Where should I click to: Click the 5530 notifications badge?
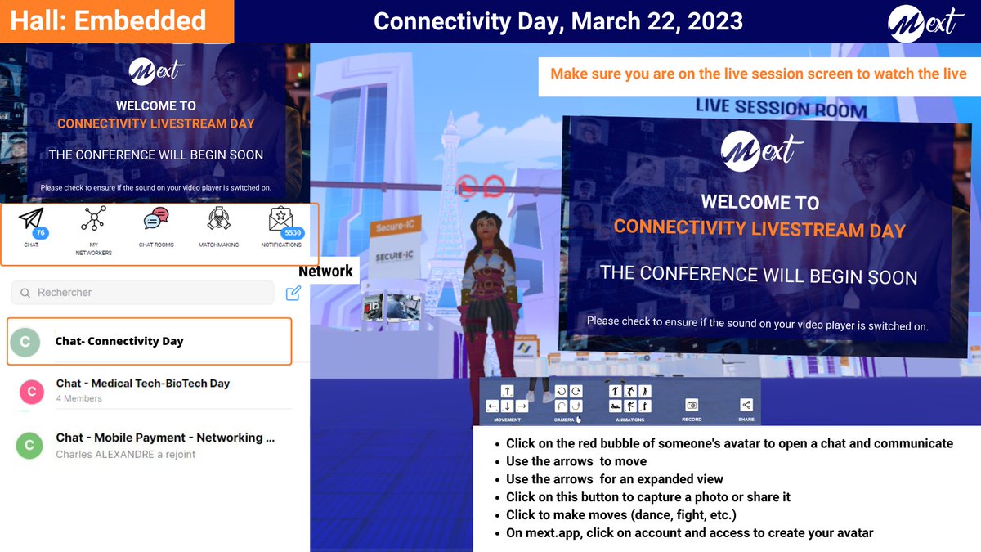point(293,233)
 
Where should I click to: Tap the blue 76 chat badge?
point(41,233)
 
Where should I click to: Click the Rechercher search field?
point(143,293)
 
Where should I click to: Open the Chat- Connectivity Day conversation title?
point(119,341)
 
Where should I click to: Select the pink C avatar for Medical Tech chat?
point(31,393)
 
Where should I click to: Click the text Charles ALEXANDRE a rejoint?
point(126,455)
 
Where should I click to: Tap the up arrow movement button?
point(507,392)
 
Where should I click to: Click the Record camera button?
point(692,405)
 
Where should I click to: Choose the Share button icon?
point(746,405)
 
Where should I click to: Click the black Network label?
point(325,272)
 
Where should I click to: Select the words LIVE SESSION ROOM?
point(781,108)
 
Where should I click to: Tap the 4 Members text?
point(79,399)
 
